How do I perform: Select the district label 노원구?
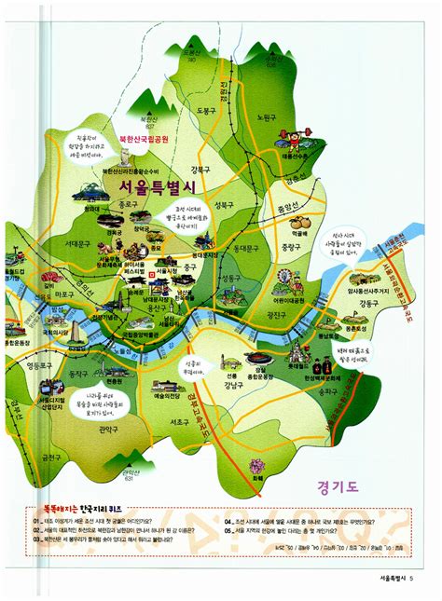pyautogui.click(x=267, y=118)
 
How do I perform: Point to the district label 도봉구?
pyautogui.click(x=207, y=110)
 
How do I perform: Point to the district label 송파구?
pyautogui.click(x=326, y=392)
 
